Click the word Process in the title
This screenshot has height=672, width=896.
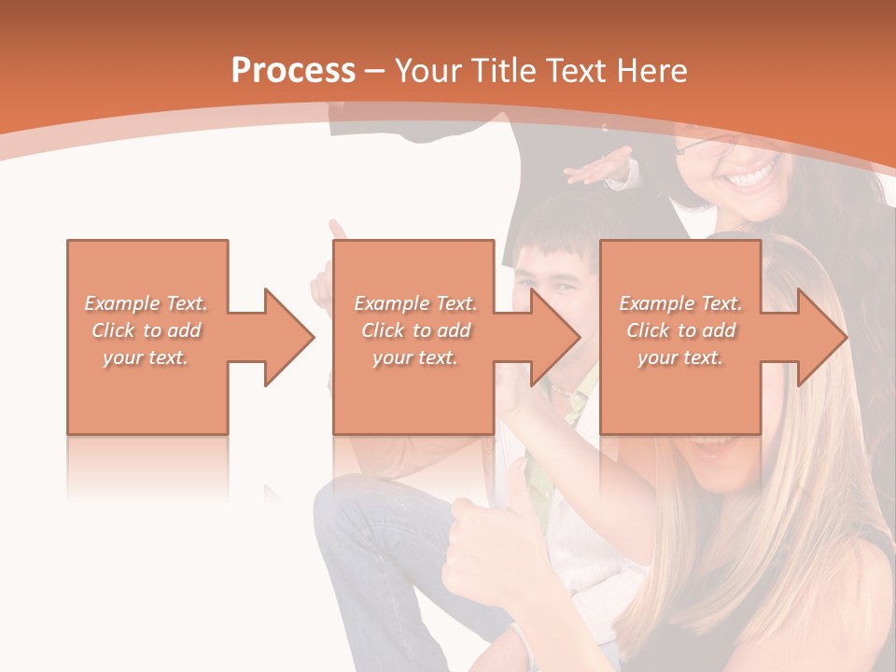[293, 71]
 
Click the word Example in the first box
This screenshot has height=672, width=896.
[122, 303]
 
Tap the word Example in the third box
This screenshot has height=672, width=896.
[657, 303]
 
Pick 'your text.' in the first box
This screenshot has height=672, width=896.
[146, 357]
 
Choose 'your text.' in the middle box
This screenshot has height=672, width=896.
[415, 357]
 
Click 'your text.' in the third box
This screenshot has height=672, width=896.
[680, 357]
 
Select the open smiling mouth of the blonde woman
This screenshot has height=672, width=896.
[715, 446]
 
